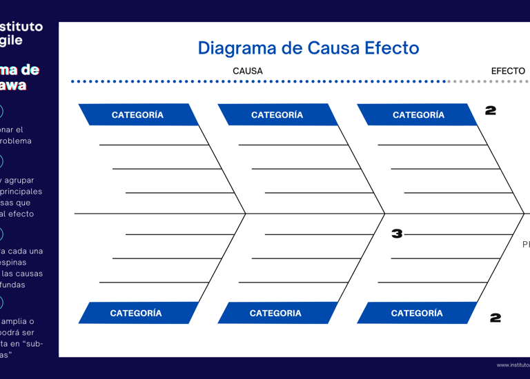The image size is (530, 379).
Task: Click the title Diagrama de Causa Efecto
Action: point(308,48)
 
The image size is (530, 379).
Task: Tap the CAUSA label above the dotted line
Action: point(247,71)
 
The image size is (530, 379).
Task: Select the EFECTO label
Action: point(508,71)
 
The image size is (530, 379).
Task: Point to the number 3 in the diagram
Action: point(397,234)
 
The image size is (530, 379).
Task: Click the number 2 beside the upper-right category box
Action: point(491,110)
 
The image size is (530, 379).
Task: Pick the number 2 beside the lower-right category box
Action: point(495,318)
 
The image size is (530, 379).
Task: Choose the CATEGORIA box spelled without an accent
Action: point(275,313)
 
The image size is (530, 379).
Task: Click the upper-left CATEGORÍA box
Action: point(137,114)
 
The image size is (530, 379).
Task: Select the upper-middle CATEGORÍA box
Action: point(277,114)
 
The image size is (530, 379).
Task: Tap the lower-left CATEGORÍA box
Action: point(136,313)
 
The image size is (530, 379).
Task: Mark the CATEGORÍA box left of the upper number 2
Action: point(418,114)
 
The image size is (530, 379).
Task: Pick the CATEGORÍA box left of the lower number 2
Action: point(417,313)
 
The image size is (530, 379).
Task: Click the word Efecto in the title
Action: point(392,48)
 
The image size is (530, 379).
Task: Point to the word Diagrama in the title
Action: point(231,48)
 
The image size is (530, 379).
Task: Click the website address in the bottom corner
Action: point(513,365)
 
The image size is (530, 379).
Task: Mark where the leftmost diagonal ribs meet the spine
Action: point(245,214)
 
